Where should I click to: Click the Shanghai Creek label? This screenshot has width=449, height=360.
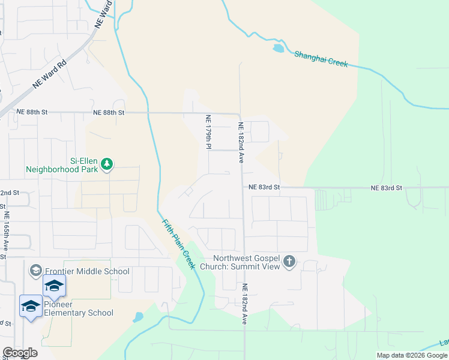click(321, 58)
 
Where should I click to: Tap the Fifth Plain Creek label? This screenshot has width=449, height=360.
click(179, 244)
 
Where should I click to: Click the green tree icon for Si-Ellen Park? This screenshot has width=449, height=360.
click(107, 164)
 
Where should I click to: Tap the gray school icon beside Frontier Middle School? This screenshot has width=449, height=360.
click(35, 271)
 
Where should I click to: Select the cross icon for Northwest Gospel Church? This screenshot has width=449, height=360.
click(289, 262)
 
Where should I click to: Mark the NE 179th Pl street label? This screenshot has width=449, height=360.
click(208, 133)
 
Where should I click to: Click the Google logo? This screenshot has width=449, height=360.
click(20, 353)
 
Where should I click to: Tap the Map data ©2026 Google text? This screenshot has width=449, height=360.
click(411, 355)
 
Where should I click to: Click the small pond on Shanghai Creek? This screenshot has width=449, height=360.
click(278, 48)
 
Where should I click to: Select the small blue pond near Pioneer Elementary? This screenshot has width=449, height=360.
click(138, 316)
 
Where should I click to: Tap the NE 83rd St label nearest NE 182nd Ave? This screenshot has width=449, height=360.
click(265, 187)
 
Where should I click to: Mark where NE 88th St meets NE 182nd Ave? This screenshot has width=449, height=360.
click(240, 113)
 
